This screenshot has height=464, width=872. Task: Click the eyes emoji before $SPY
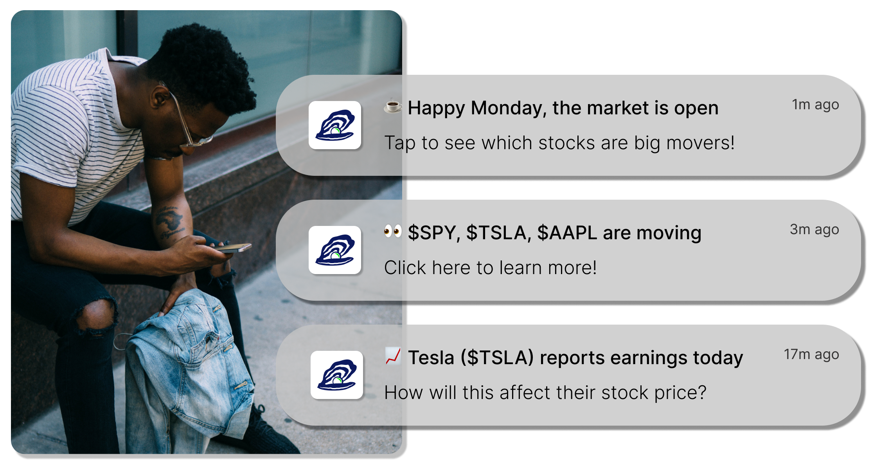[x=393, y=231]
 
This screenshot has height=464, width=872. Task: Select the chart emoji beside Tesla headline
[x=393, y=356]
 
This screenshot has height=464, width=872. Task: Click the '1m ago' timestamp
[x=815, y=105]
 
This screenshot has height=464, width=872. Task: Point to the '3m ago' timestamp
[x=814, y=230]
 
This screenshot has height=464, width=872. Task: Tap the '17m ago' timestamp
[x=811, y=355]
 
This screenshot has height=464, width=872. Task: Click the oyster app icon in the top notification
[x=335, y=125]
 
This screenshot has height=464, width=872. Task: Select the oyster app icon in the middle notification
[x=335, y=250]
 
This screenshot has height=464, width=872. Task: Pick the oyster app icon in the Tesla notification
[x=337, y=375]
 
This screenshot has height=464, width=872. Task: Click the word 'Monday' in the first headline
[x=508, y=108]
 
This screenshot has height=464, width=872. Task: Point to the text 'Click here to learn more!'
[x=491, y=268]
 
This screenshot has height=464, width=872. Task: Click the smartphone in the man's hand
[x=233, y=248]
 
